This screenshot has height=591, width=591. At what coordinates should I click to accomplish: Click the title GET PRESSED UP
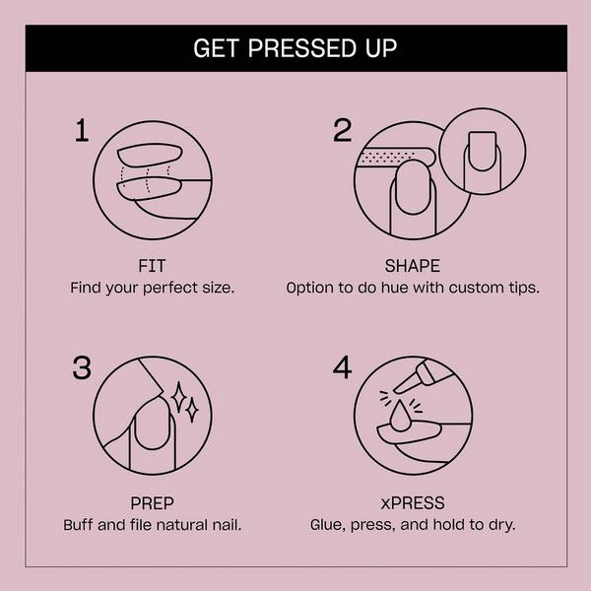coord(295,47)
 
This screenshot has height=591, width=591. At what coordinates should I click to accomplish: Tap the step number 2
coord(342,131)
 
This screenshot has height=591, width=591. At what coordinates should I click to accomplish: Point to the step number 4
coord(342,368)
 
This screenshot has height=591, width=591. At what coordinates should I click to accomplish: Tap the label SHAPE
coord(413,266)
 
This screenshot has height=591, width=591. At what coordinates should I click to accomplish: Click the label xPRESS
coord(413,502)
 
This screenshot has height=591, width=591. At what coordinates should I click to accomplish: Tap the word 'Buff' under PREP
coord(80,525)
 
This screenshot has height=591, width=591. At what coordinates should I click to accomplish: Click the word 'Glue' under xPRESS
coord(329,525)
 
